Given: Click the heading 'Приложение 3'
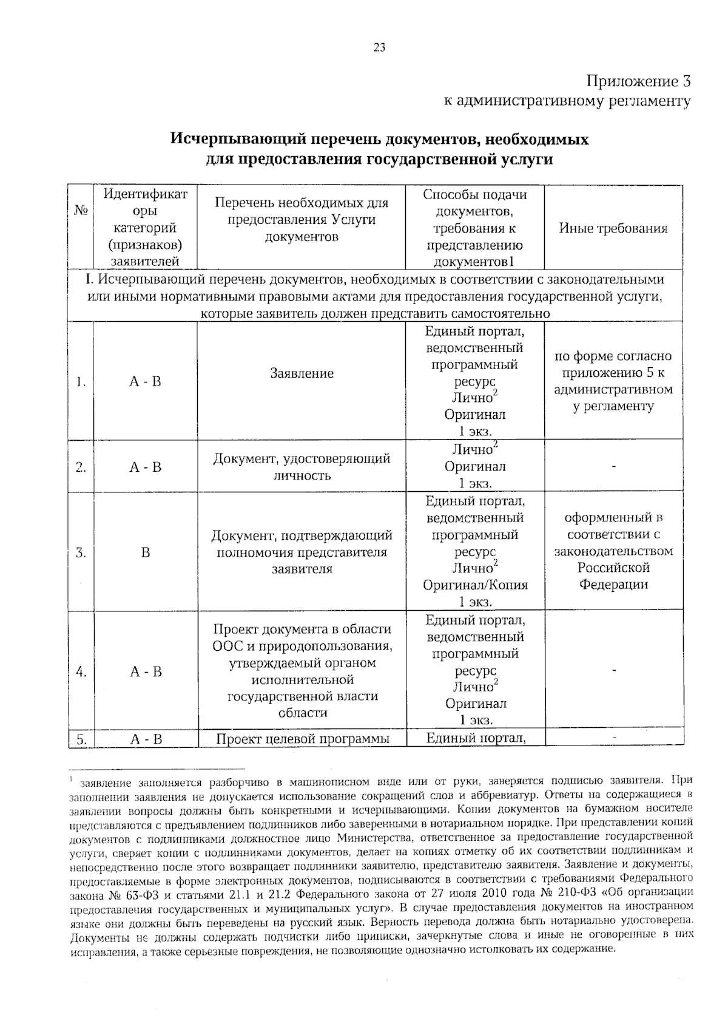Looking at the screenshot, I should pyautogui.click(x=638, y=81).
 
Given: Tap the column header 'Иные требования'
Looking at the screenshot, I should pyautogui.click(x=613, y=228).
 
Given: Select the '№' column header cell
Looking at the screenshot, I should pyautogui.click(x=81, y=211).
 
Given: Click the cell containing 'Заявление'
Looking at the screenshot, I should pyautogui.click(x=302, y=373).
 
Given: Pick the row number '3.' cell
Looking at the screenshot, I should pyautogui.click(x=81, y=553).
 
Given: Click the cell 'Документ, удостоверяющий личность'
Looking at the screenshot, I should pyautogui.click(x=302, y=467).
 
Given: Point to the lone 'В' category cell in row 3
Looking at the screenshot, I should pyautogui.click(x=145, y=553).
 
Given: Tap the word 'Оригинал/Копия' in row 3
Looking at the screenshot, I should pyautogui.click(x=475, y=585).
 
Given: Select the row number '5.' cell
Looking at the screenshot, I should pyautogui.click(x=81, y=739).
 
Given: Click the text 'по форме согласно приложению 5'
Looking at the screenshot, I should pyautogui.click(x=613, y=365).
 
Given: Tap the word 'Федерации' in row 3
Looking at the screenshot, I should pyautogui.click(x=613, y=585).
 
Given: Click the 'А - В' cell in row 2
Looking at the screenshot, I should pyautogui.click(x=145, y=467).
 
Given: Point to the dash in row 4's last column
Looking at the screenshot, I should pyautogui.click(x=614, y=671).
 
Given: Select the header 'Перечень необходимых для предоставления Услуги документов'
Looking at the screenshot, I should pyautogui.click(x=302, y=220).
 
